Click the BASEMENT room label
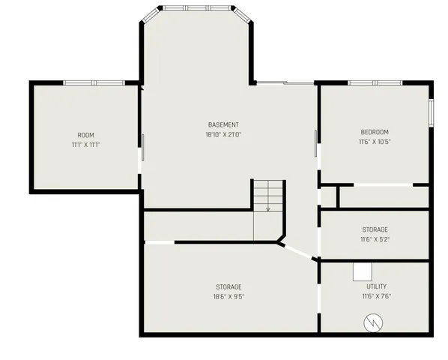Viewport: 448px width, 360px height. pyautogui.click(x=223, y=124)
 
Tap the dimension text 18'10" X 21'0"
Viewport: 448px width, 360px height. pyautogui.click(x=223, y=135)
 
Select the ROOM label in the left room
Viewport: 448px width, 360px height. pyautogui.click(x=86, y=135)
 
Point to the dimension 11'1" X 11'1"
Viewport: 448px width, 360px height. pyautogui.click(x=86, y=145)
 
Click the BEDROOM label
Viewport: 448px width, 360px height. pyautogui.click(x=375, y=132)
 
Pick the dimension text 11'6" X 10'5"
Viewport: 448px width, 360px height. pyautogui.click(x=375, y=142)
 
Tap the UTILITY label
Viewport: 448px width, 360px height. pyautogui.click(x=376, y=286)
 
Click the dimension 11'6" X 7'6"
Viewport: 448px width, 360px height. pyautogui.click(x=376, y=296)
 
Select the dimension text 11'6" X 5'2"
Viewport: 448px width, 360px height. pyautogui.click(x=375, y=240)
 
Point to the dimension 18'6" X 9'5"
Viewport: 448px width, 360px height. pyautogui.click(x=228, y=296)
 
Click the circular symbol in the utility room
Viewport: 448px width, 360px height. pyautogui.click(x=372, y=322)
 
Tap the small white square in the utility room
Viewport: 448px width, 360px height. pyautogui.click(x=363, y=271)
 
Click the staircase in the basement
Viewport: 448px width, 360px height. pyautogui.click(x=268, y=196)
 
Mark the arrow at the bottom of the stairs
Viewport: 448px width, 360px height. pyautogui.click(x=268, y=208)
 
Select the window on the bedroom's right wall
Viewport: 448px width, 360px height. pyautogui.click(x=431, y=112)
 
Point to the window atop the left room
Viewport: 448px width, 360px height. pyautogui.click(x=93, y=82)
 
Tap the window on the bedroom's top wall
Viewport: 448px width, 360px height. pyautogui.click(x=375, y=82)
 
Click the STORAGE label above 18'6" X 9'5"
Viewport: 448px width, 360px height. pyautogui.click(x=228, y=286)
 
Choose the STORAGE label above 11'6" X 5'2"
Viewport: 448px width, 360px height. pyautogui.click(x=375, y=229)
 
